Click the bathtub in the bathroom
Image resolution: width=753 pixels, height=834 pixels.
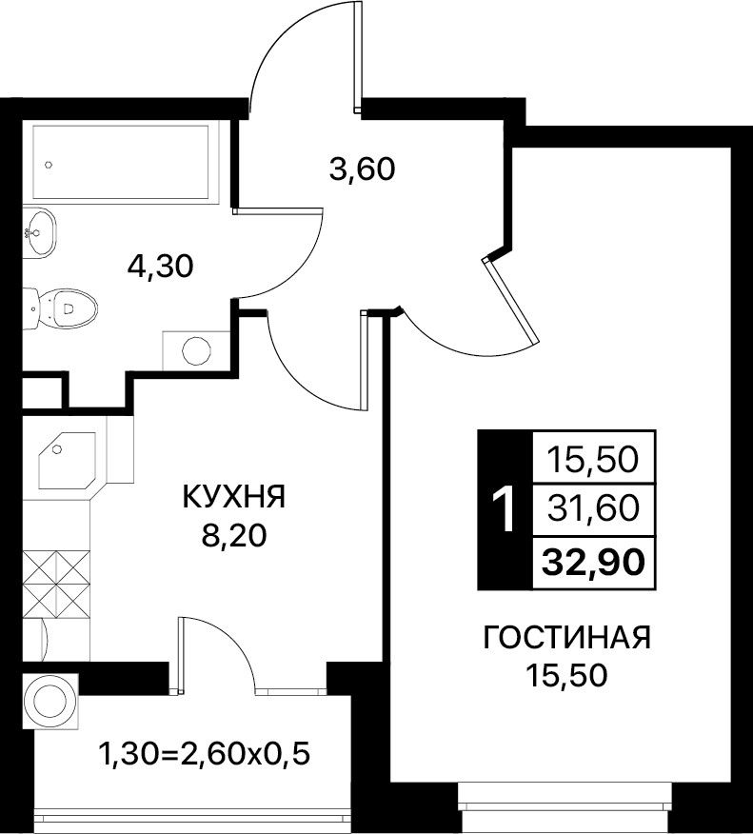click(121, 162)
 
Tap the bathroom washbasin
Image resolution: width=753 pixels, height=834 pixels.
click(39, 232)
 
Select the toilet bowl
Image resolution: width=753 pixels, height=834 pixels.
click(60, 308)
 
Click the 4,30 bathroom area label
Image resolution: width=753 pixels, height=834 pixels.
click(160, 266)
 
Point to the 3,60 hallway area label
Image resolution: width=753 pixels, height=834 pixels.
click(362, 169)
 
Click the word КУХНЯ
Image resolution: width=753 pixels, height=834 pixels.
click(234, 497)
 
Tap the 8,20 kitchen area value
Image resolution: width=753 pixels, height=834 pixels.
click(233, 536)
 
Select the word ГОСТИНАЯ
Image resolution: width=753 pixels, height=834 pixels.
click(566, 637)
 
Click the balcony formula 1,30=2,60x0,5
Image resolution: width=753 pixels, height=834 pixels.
click(205, 754)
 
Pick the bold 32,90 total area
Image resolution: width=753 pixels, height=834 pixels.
click(593, 563)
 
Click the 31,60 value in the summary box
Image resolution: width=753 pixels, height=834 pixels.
click(593, 507)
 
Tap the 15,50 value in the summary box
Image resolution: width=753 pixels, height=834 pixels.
click(593, 459)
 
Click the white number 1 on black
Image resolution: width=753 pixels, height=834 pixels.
click(503, 510)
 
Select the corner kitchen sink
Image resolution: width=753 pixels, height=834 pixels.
click(68, 460)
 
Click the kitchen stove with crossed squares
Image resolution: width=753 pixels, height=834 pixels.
click(56, 584)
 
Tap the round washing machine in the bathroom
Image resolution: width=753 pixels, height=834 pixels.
click(196, 349)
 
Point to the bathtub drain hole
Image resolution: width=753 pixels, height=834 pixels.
click(49, 165)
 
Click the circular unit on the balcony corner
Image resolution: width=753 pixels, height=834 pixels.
click(50, 701)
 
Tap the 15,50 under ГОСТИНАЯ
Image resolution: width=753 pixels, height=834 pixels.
click(566, 676)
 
